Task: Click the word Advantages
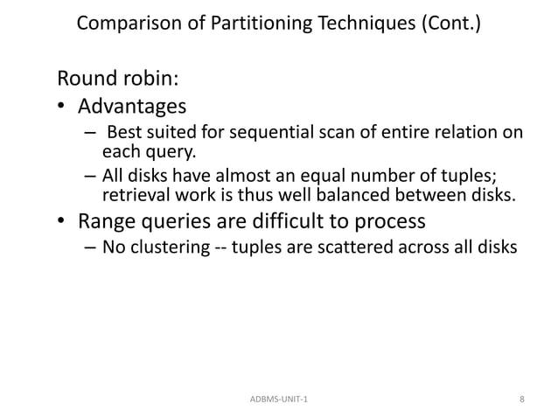132,108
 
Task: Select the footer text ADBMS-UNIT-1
279,399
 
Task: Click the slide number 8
521,399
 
